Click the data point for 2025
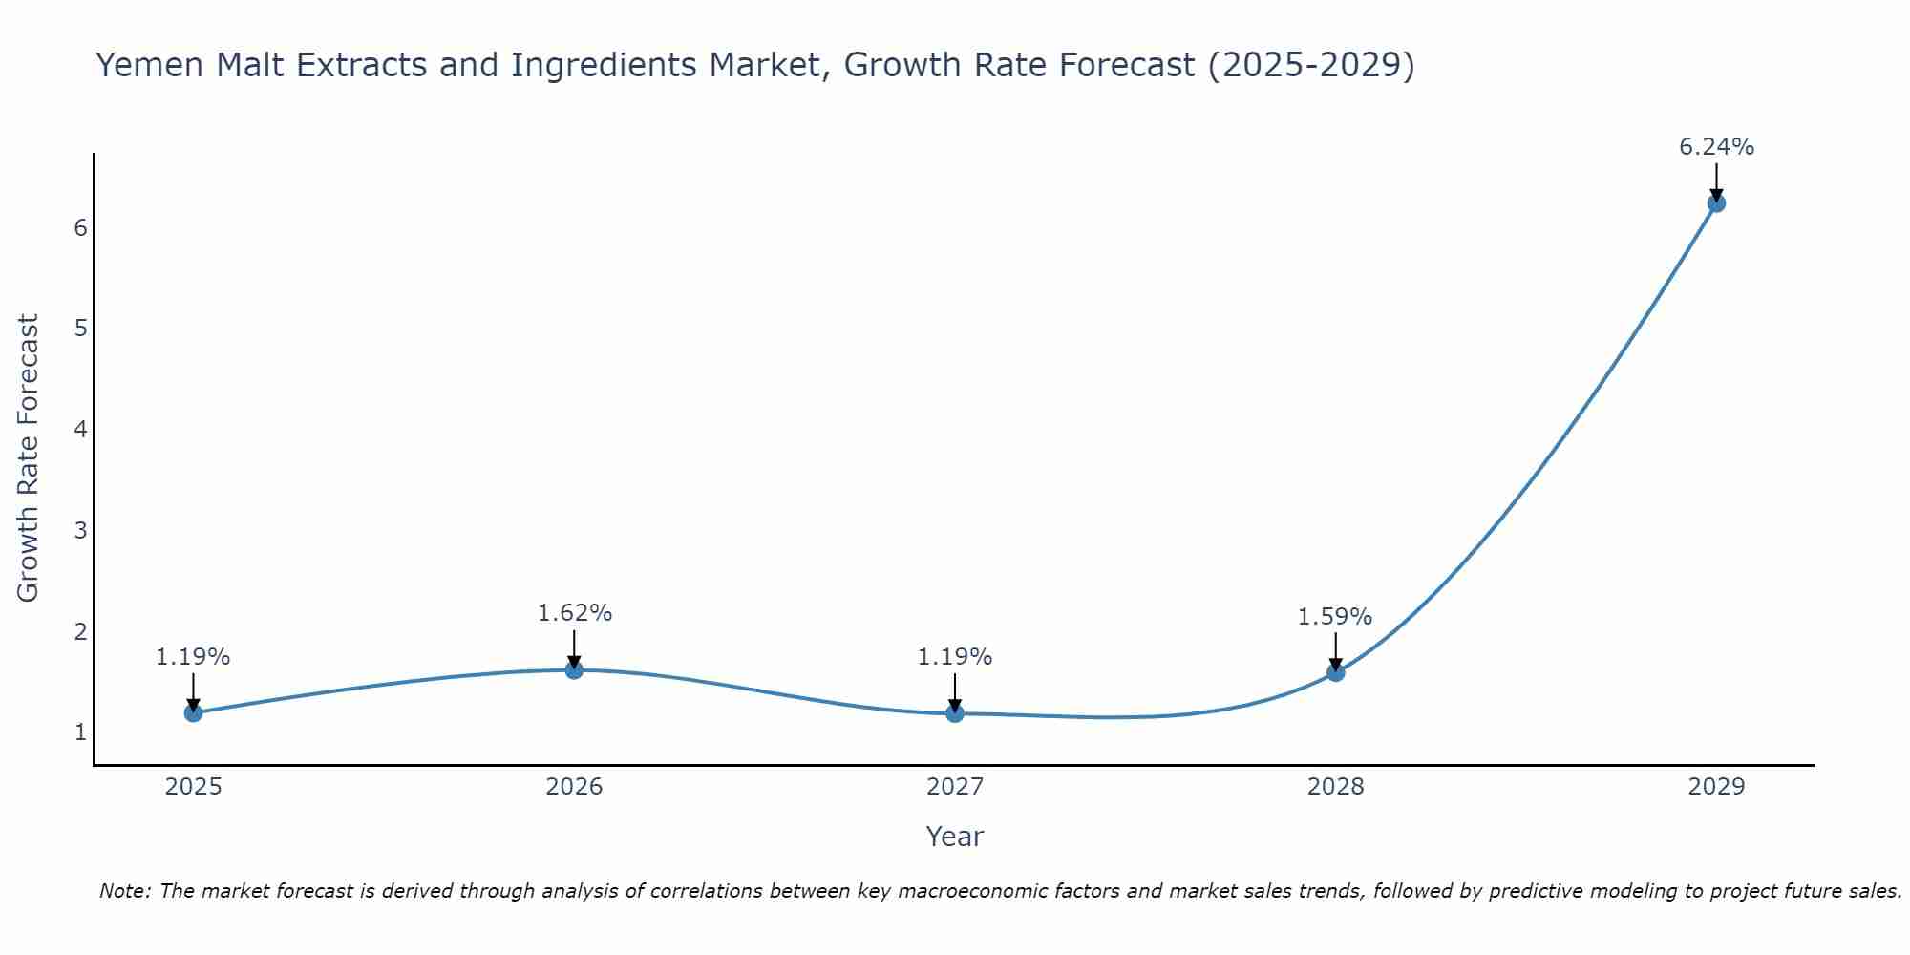193,712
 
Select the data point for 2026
574,669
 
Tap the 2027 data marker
955,712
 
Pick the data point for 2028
1335,672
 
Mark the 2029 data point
1716,202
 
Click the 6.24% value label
1716,147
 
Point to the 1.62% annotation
574,613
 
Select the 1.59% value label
1334,617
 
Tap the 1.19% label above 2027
955,657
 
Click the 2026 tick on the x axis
574,787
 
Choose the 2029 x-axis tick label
1716,787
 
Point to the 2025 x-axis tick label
193,787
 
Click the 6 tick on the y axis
80,227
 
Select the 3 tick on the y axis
80,530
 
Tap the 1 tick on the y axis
80,732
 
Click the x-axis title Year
955,837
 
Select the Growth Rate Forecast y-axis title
29,457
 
